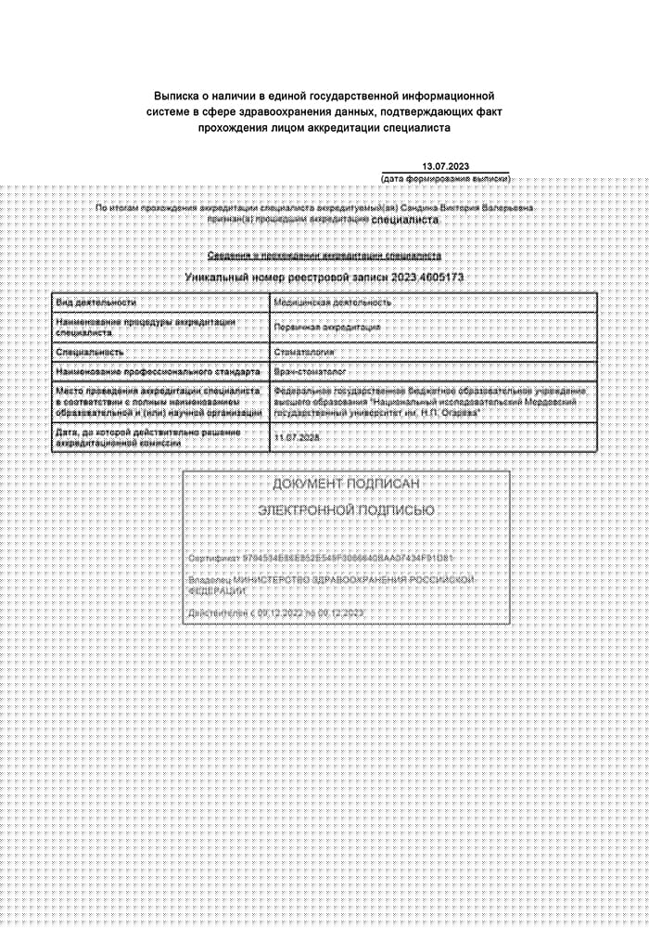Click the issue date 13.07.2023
pyautogui.click(x=446, y=166)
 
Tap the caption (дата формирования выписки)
pyautogui.click(x=445, y=178)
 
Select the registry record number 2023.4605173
pyautogui.click(x=427, y=277)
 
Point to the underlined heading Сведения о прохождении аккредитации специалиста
pyautogui.click(x=324, y=255)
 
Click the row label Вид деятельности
pyautogui.click(x=96, y=303)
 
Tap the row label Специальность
pyautogui.click(x=90, y=353)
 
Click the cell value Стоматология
pyautogui.click(x=305, y=353)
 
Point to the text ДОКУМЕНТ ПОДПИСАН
pyautogui.click(x=346, y=484)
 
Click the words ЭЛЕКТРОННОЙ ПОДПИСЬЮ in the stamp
pyautogui.click(x=346, y=511)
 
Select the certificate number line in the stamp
pyautogui.click(x=320, y=559)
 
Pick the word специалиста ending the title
pyautogui.click(x=418, y=128)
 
